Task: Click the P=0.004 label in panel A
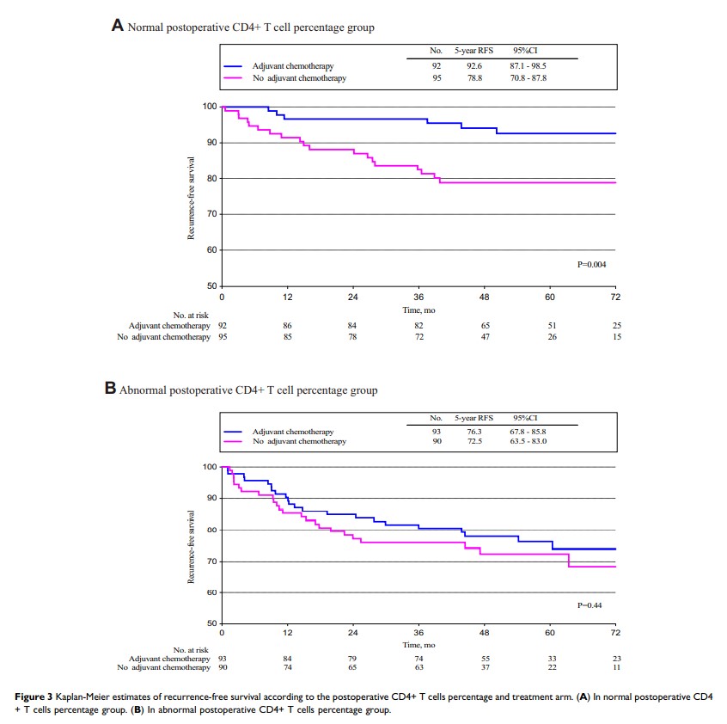tap(592, 265)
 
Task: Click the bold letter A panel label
tap(118, 26)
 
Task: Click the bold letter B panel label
tap(110, 389)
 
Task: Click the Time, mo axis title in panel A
tap(418, 310)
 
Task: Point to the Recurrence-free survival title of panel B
tap(192, 547)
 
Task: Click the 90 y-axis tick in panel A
tap(210, 142)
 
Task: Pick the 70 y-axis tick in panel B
tap(210, 561)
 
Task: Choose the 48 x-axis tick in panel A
tap(484, 297)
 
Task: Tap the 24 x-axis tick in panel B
tap(353, 633)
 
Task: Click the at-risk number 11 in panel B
tap(615, 667)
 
